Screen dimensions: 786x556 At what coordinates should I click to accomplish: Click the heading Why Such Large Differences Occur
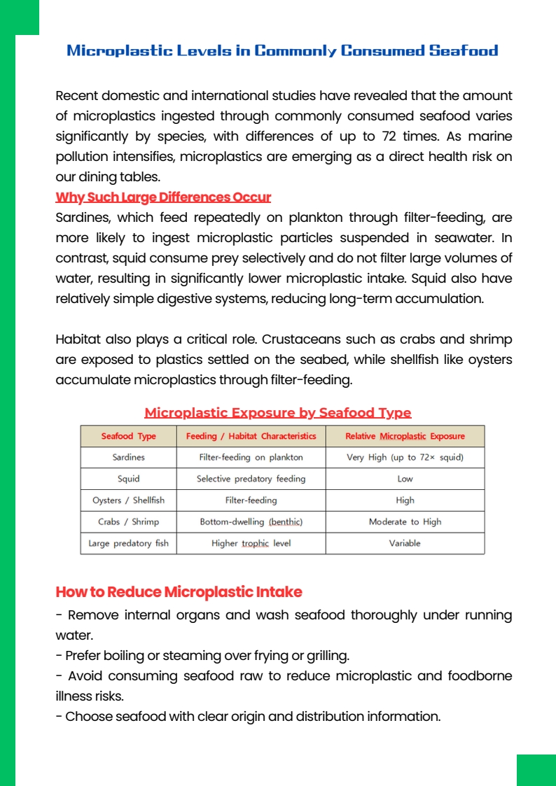tap(163, 197)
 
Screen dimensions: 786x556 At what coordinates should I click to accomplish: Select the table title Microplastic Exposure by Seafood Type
tap(277, 412)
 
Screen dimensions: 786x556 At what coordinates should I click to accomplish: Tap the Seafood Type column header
tap(129, 436)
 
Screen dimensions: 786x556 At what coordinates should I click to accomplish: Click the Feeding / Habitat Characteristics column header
tap(251, 436)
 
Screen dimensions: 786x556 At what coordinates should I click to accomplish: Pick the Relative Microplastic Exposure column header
tap(405, 436)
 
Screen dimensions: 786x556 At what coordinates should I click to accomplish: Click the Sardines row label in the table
tap(129, 457)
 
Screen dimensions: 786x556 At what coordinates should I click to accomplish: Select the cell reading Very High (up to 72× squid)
tap(405, 457)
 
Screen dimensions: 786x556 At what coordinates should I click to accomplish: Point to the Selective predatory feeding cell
tap(251, 479)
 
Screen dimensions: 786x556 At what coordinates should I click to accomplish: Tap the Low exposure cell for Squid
tap(405, 479)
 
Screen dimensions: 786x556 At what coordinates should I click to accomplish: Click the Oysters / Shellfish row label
tap(129, 500)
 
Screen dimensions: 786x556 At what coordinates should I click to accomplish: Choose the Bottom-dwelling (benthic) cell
tap(251, 521)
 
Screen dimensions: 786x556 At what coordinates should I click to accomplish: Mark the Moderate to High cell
tap(405, 521)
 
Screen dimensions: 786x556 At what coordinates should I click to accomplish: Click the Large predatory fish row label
tap(129, 543)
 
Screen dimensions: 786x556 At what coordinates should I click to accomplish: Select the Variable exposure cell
tap(405, 543)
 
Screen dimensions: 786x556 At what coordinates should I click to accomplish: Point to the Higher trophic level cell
tap(251, 543)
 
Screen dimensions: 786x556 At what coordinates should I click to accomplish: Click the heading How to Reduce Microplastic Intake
tap(179, 592)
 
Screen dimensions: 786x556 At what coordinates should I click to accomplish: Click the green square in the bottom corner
tap(536, 770)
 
